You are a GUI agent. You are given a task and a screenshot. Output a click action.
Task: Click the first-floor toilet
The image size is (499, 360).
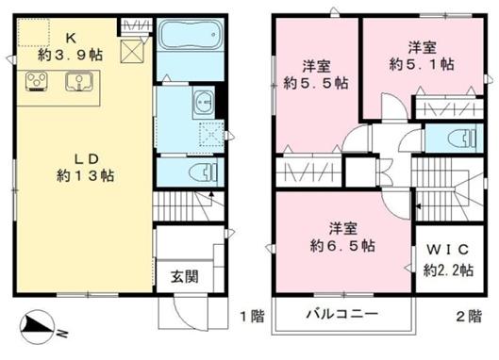pos(203,172)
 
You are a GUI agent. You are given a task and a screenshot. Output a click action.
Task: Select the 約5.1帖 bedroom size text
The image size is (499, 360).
pos(422,63)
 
